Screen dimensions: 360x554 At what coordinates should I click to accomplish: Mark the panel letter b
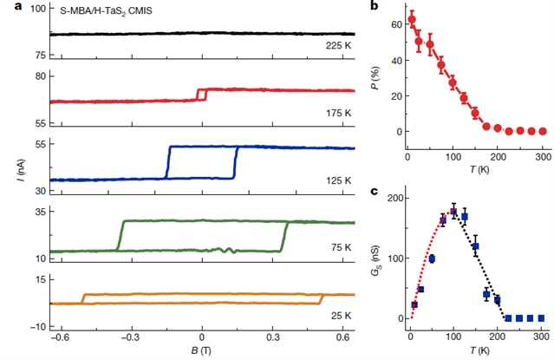(374, 7)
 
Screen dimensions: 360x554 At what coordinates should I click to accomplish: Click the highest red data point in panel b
(411, 19)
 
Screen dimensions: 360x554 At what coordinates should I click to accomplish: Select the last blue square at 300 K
(542, 318)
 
